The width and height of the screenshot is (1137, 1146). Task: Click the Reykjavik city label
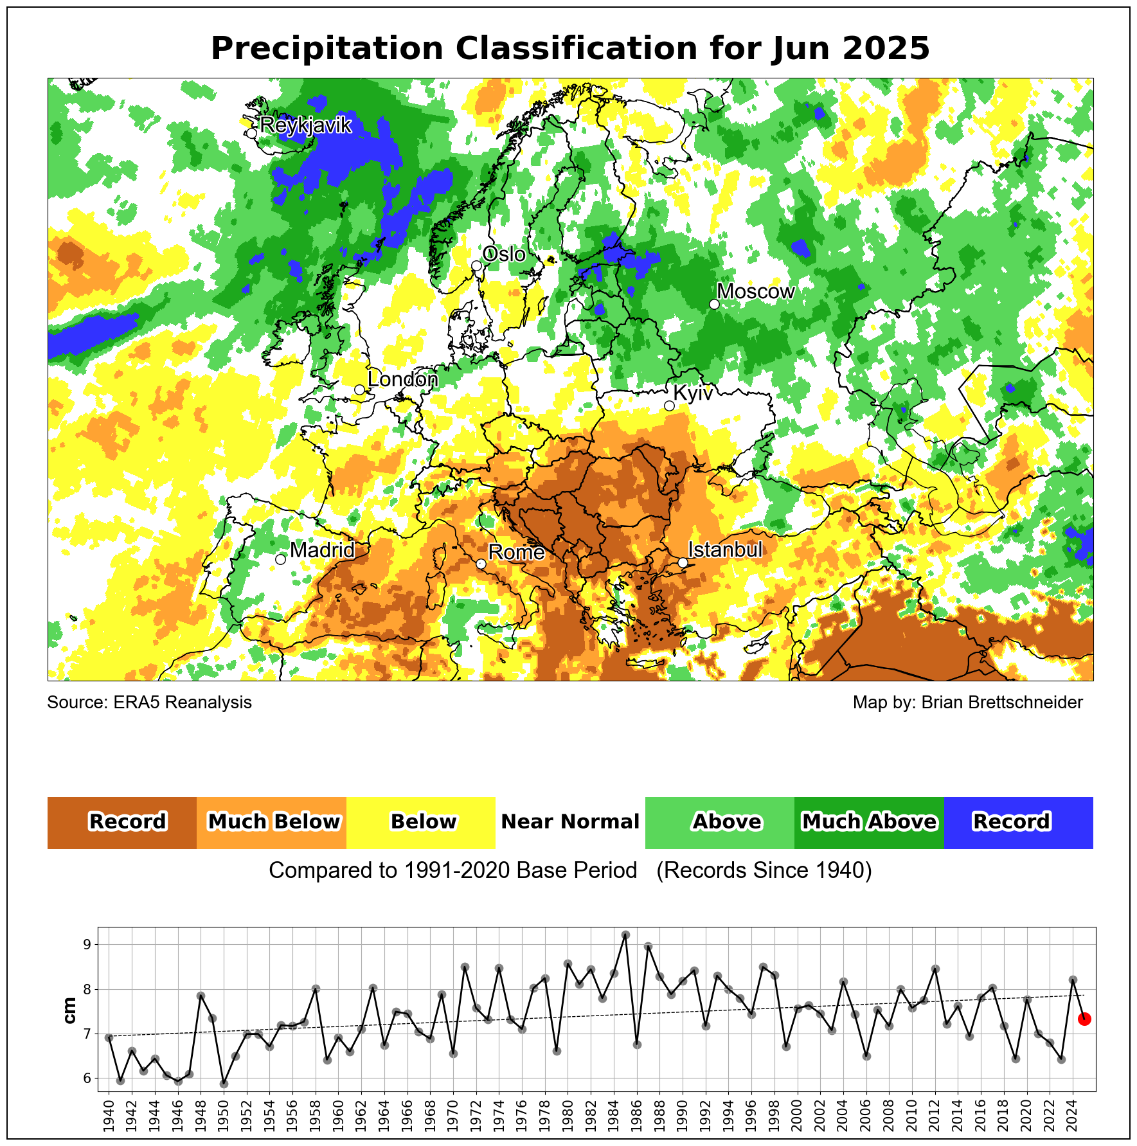coord(305,125)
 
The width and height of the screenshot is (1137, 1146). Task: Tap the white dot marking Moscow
coord(714,304)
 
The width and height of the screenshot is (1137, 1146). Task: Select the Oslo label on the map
coord(504,255)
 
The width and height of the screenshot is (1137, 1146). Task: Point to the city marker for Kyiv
coord(669,406)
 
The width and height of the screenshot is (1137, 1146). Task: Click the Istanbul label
coord(725,550)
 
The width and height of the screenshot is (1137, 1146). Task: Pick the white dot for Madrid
coord(280,559)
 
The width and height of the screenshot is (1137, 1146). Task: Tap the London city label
coord(402,380)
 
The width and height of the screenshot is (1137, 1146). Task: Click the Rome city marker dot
coord(481,564)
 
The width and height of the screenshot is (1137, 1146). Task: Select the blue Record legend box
coord(1018,822)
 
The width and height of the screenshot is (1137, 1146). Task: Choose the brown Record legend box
coord(122,822)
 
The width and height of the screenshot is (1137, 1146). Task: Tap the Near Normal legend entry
coord(570,822)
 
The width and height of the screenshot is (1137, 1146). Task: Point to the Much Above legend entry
coord(869,822)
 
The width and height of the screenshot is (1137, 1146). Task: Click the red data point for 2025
coord(1084,1019)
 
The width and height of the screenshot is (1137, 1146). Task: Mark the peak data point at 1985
coord(625,935)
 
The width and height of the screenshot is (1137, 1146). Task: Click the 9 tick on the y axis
coord(86,945)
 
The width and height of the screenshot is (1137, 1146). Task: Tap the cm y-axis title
coord(70,1010)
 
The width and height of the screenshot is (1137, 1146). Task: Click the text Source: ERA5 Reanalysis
coord(149,703)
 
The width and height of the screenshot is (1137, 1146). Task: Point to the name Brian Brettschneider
coord(1002,703)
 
